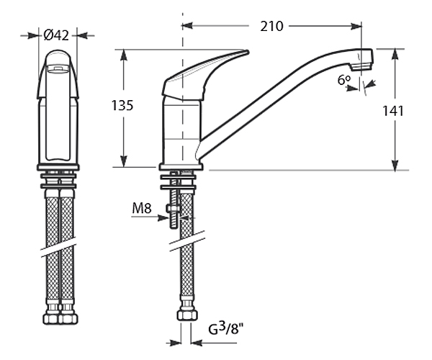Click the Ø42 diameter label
click(x=56, y=35)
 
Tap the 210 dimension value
click(x=271, y=26)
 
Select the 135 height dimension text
click(x=122, y=105)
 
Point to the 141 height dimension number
click(x=393, y=111)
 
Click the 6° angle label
click(x=344, y=80)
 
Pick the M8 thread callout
click(x=142, y=208)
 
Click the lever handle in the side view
click(x=204, y=74)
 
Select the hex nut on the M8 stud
click(x=174, y=208)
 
